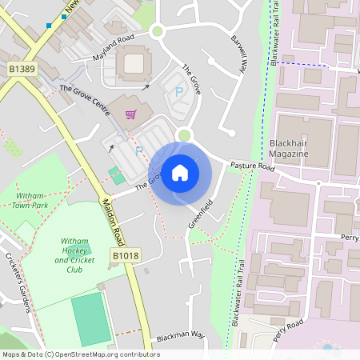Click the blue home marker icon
(x=180, y=172)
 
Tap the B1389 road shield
(x=22, y=70)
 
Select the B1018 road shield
(x=125, y=255)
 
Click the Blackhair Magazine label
(x=289, y=148)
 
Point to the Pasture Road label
(x=252, y=167)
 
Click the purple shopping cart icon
(x=130, y=114)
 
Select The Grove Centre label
(x=84, y=101)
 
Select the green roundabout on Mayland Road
(x=157, y=31)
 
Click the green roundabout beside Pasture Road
(x=186, y=135)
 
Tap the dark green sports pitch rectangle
(x=90, y=319)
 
